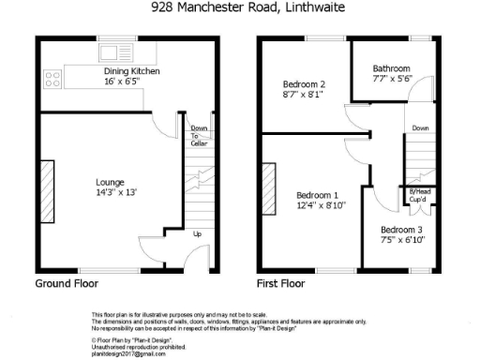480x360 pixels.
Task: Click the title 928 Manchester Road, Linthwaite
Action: tap(247, 7)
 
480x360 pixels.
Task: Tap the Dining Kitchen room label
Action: tap(131, 71)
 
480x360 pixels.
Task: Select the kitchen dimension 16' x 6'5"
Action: tap(131, 82)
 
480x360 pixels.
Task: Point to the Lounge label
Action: tap(111, 182)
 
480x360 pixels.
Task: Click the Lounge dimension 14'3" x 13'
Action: tap(111, 193)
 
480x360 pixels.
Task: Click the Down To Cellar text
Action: tap(199, 136)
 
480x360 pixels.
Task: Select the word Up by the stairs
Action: tap(197, 233)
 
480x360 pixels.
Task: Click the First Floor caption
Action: tap(281, 282)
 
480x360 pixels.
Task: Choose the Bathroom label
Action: tap(391, 68)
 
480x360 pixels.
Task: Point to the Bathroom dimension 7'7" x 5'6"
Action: tap(391, 80)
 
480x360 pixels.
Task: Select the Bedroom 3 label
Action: tap(402, 230)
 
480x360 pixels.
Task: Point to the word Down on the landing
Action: tap(420, 128)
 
